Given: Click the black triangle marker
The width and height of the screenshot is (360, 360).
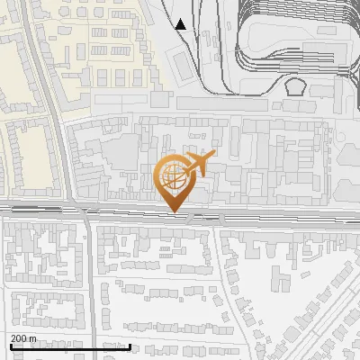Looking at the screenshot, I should coord(181,24).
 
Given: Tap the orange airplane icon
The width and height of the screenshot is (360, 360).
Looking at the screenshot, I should coord(198,164).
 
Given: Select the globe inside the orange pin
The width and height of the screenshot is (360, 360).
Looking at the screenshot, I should coord(173,176).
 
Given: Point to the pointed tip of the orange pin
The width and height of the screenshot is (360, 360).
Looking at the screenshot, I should coord(175,211).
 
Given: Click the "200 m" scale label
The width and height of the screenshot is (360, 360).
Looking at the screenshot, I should coord(23,339).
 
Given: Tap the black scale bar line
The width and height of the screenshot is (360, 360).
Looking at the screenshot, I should coord(70,346).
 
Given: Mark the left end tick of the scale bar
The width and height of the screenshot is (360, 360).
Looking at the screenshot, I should coord(10,346).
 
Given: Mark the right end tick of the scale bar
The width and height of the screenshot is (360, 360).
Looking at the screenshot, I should coord(130,346).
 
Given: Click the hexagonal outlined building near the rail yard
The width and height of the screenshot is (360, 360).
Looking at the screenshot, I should coord(295,87).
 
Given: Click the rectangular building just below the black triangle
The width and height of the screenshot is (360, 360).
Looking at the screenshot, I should coord(182,63).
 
